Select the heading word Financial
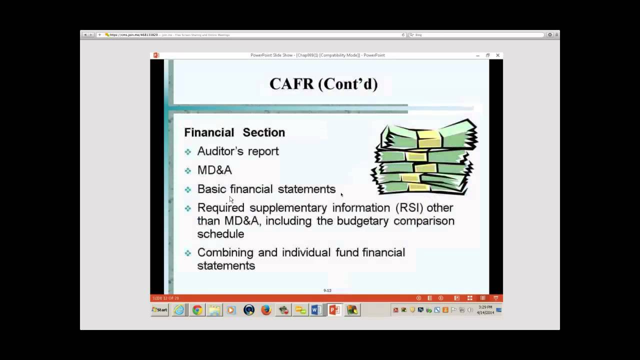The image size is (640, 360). coord(209,132)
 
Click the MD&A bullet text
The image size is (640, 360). coord(214,170)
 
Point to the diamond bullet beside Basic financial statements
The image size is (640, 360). coord(188,189)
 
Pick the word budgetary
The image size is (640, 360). coord(359,220)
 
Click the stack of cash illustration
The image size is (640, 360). coord(424,157)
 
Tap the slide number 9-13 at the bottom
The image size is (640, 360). coord(327,290)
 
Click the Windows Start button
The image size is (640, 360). coord(159,310)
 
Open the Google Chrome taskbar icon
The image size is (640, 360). coord(197,310)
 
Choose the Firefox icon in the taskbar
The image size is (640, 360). coord(266,310)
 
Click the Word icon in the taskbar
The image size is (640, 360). coord(316,310)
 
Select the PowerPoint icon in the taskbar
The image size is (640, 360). coord(334,310)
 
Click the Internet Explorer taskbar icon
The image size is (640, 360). coord(178,310)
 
